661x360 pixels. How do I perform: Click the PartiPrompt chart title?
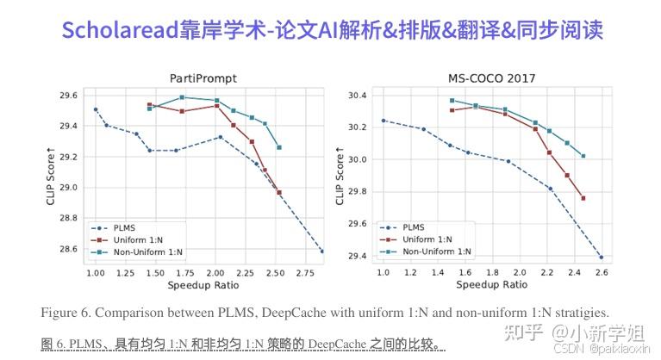pyautogui.click(x=203, y=78)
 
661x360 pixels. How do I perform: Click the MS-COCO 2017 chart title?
pyautogui.click(x=491, y=78)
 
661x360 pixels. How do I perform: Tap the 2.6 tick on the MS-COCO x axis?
pyautogui.click(x=601, y=272)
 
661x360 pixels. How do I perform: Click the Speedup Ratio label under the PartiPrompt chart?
pyautogui.click(x=203, y=284)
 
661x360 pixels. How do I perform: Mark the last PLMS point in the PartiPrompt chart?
pyautogui.click(x=322, y=251)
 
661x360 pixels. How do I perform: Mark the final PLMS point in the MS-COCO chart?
pyautogui.click(x=601, y=257)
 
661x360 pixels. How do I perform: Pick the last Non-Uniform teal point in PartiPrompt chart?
pyautogui.click(x=279, y=147)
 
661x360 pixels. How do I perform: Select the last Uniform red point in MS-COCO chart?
pyautogui.click(x=583, y=198)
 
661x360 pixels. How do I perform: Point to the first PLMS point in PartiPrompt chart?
pyautogui.click(x=96, y=109)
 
